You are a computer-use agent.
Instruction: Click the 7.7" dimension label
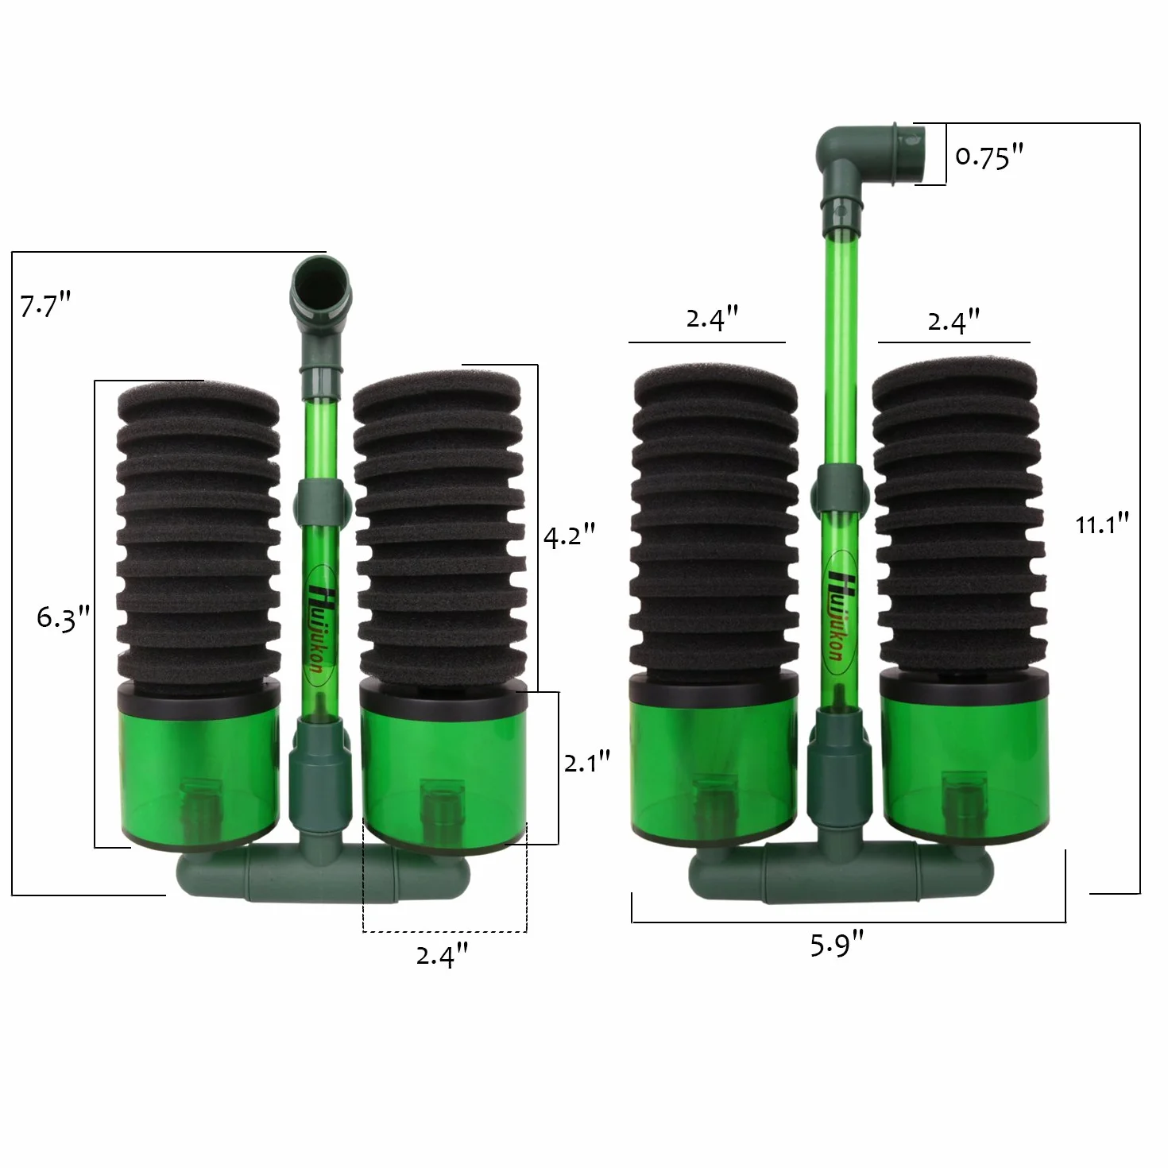[x=45, y=305]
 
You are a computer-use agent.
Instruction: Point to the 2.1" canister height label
[x=586, y=762]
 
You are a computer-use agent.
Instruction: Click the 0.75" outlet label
[x=989, y=157]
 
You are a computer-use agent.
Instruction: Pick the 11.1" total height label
[x=1102, y=524]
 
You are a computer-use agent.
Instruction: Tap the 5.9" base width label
[x=837, y=945]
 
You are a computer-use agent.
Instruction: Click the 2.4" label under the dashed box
[x=443, y=956]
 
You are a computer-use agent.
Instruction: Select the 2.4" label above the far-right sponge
[x=954, y=321]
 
